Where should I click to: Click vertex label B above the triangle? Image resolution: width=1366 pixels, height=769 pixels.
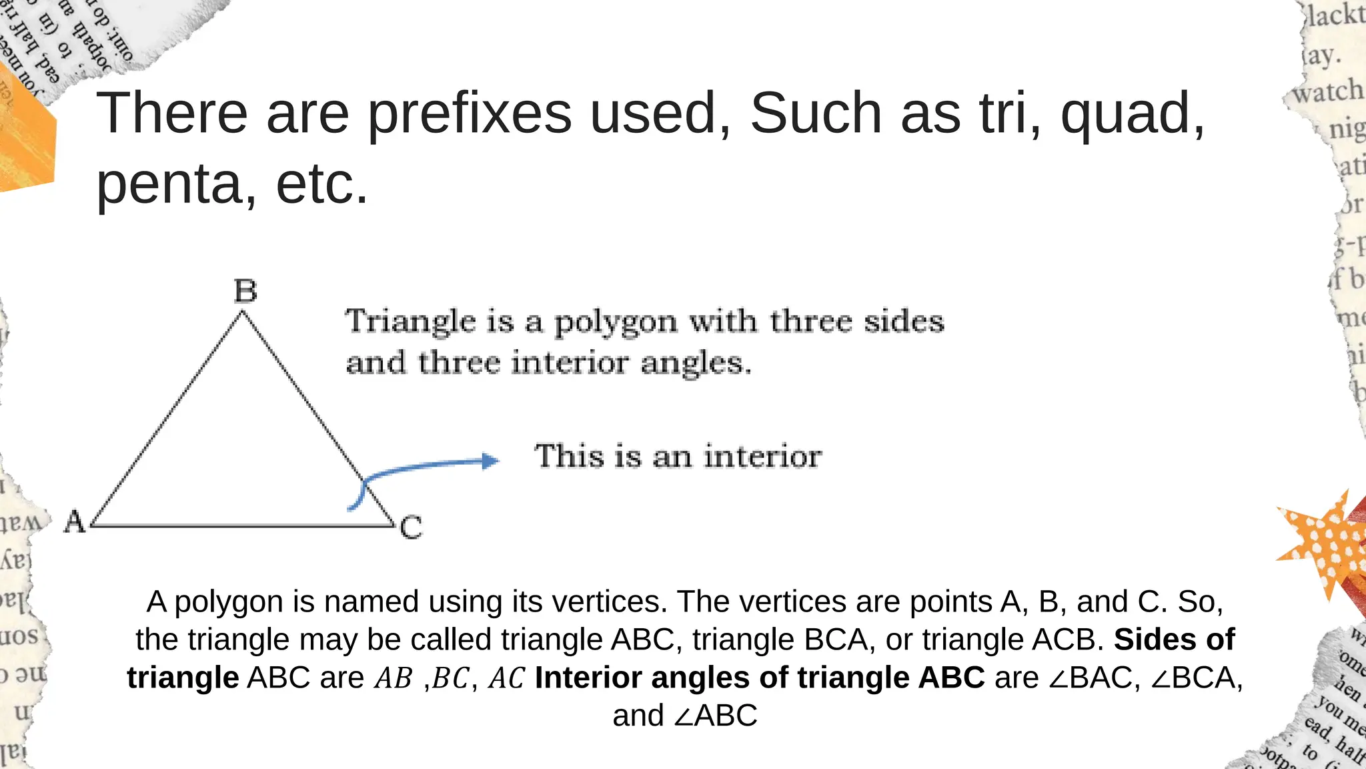pyautogui.click(x=245, y=291)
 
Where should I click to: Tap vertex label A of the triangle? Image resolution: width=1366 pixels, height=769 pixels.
pyautogui.click(x=75, y=522)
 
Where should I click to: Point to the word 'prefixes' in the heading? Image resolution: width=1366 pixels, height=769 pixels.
pyautogui.click(x=470, y=113)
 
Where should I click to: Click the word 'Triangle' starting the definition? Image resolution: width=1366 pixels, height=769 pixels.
pyautogui.click(x=410, y=321)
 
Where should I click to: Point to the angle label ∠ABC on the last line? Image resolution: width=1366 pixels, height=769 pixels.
pyautogui.click(x=715, y=716)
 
